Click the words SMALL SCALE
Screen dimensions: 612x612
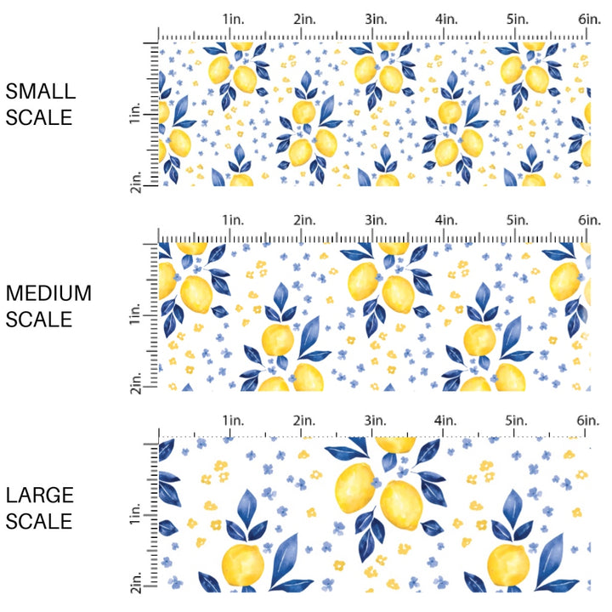pyautogui.click(x=40, y=105)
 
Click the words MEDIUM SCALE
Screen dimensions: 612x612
pyautogui.click(x=48, y=306)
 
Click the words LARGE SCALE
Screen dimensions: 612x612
pyautogui.click(x=40, y=507)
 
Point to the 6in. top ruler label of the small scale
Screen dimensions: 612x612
pyautogui.click(x=590, y=19)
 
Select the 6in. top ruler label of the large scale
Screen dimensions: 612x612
pyautogui.click(x=590, y=421)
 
